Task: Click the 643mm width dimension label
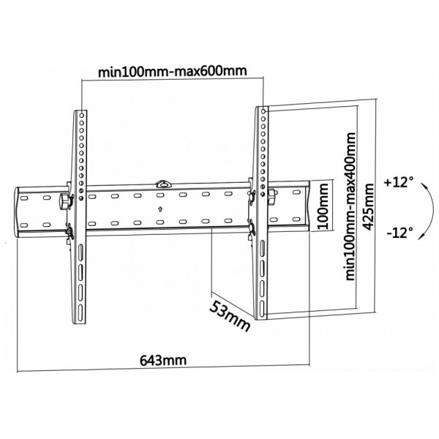(x=163, y=360)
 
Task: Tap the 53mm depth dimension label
(x=230, y=316)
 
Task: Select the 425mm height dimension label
(x=367, y=207)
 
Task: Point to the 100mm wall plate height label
(x=323, y=206)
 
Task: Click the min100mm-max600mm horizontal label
(x=173, y=71)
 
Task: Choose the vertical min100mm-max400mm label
(x=350, y=206)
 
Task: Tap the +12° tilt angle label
(x=399, y=182)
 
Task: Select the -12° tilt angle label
(x=400, y=232)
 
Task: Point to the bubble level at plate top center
(x=163, y=184)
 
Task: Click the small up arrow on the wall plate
(x=160, y=209)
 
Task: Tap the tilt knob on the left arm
(x=64, y=200)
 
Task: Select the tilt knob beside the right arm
(x=271, y=195)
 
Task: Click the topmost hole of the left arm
(x=82, y=115)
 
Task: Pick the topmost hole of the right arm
(x=263, y=111)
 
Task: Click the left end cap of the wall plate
(x=17, y=212)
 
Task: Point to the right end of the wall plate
(x=309, y=206)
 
